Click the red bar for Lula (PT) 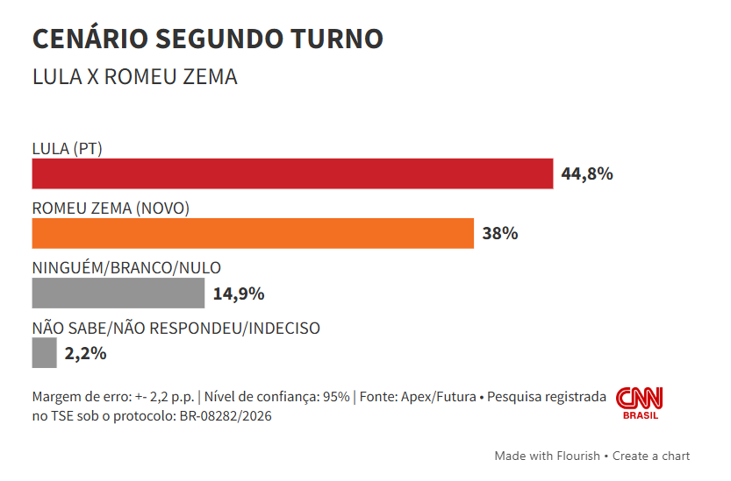pos(292,173)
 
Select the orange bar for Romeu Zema pos(253,234)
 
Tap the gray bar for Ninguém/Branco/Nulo pos(118,294)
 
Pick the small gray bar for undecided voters pos(44,353)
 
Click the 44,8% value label pos(586,173)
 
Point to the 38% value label pos(500,234)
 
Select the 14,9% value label pos(239,294)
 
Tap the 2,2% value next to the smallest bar pos(85,353)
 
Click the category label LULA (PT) pos(68,149)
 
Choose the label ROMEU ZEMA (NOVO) pos(111,209)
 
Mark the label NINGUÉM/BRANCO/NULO pos(126,268)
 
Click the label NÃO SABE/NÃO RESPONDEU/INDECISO pos(176,329)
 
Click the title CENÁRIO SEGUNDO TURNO pos(207,39)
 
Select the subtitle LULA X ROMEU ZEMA pos(134,77)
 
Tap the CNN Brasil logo pos(639,403)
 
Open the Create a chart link pos(651,456)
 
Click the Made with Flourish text pos(547,456)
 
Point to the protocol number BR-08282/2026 pos(226,416)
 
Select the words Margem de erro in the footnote pos(73,397)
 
